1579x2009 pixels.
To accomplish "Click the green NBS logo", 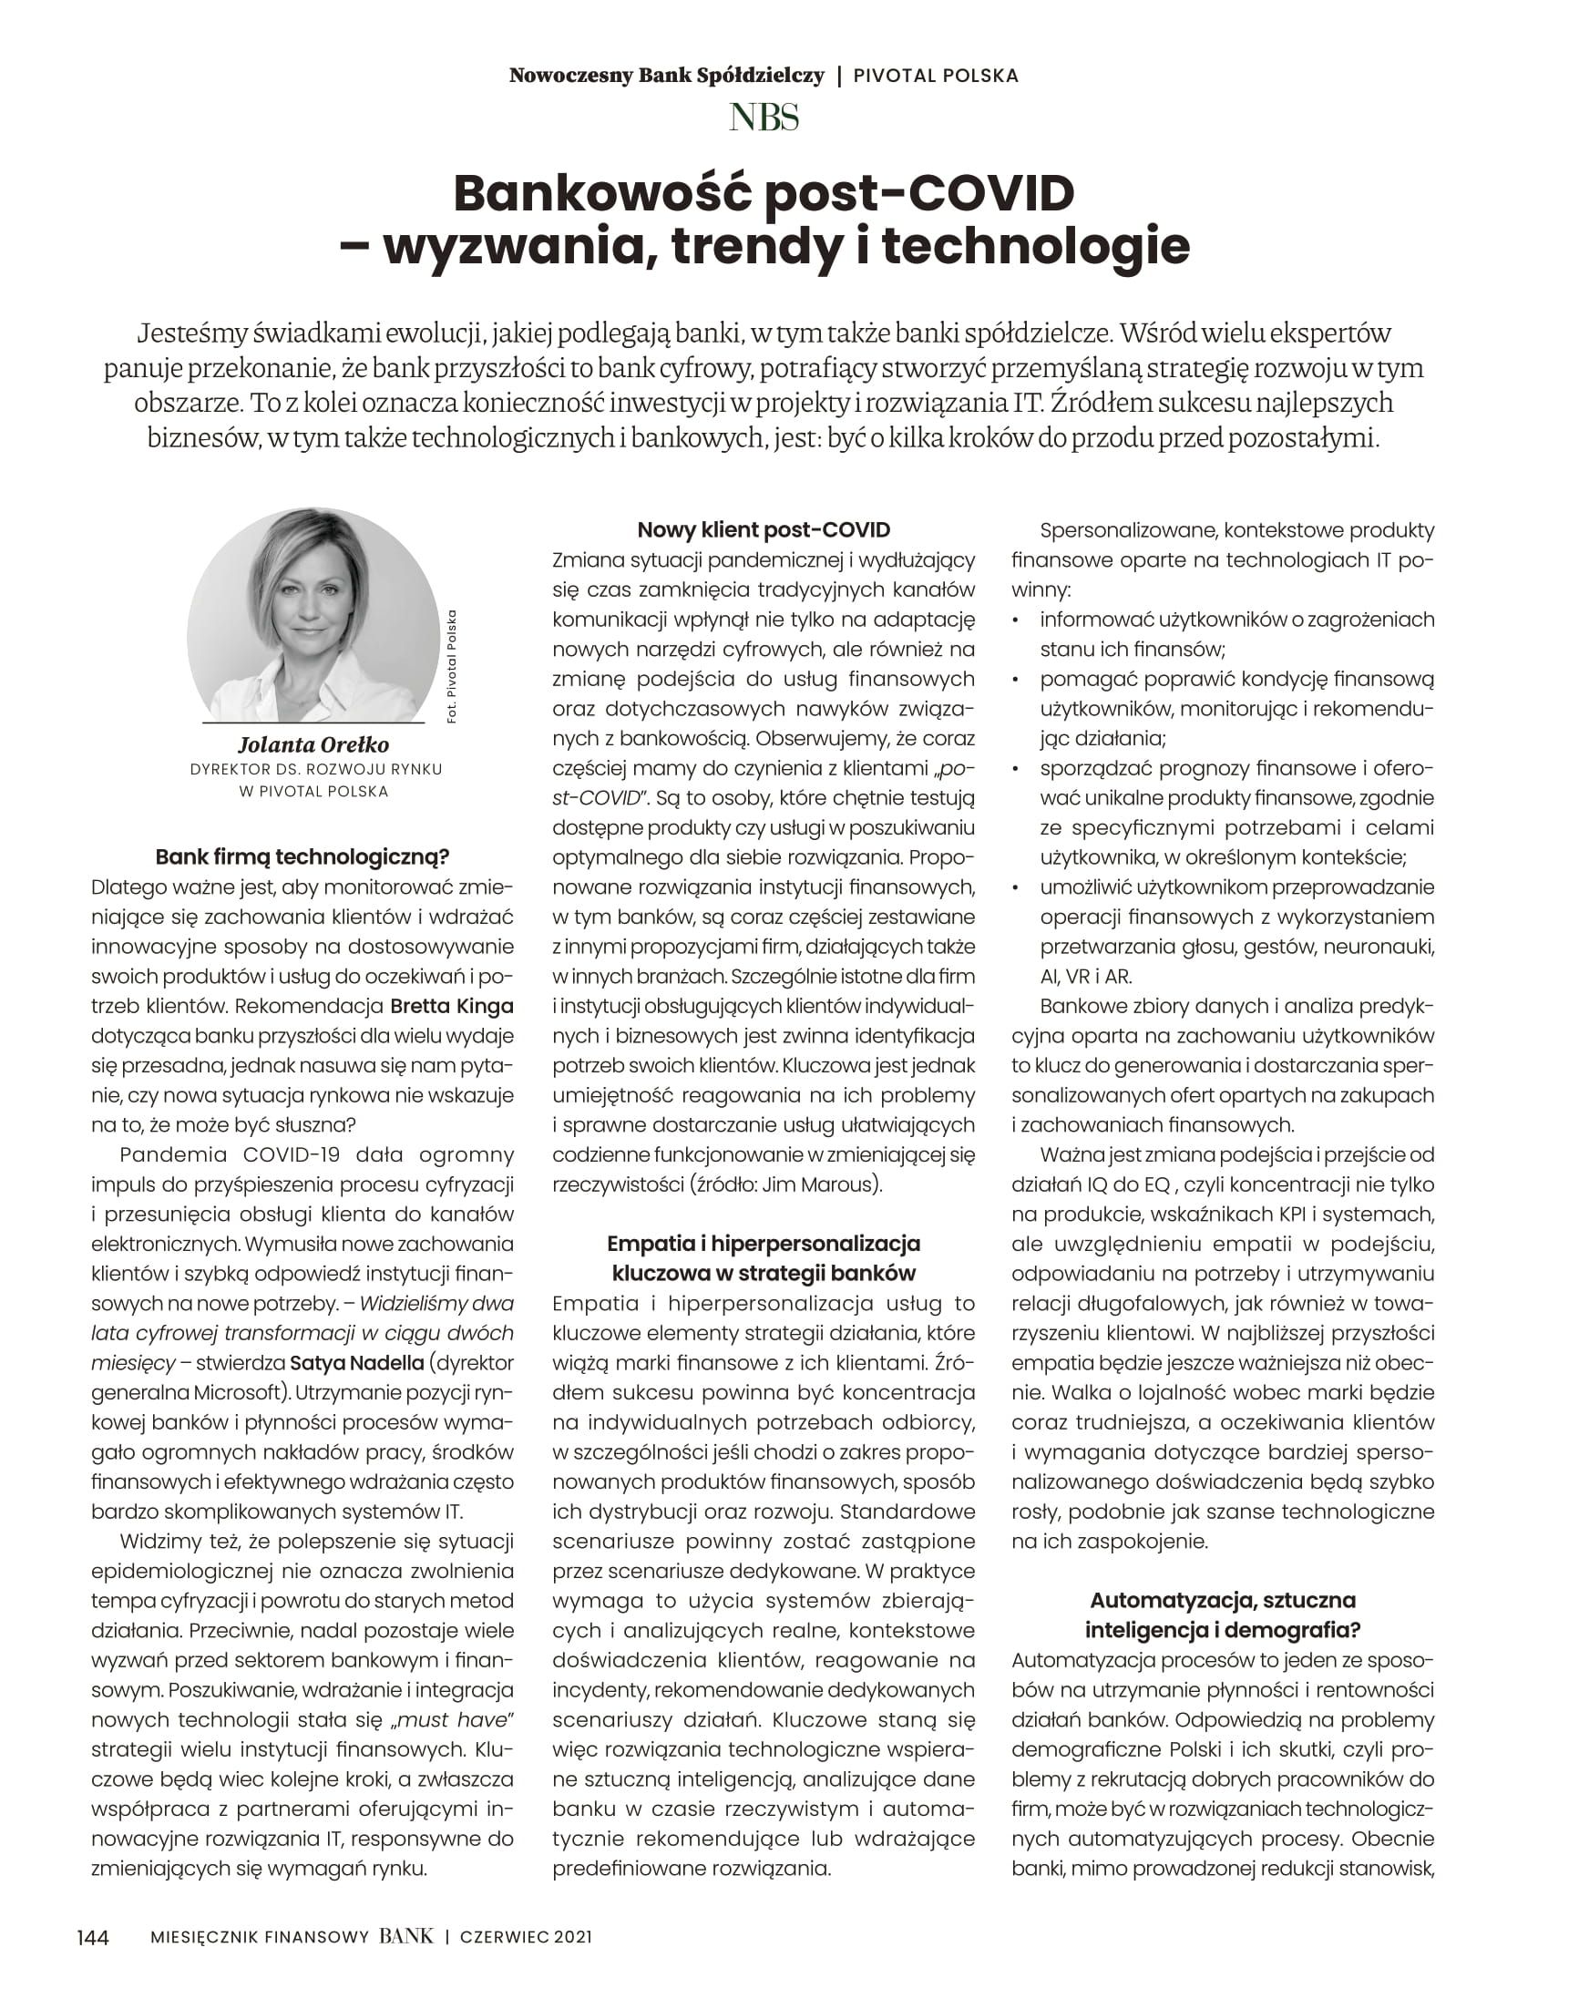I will (x=764, y=118).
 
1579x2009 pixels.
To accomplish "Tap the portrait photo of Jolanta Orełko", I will (x=313, y=615).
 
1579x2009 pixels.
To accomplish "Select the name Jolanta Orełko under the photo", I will (x=313, y=744).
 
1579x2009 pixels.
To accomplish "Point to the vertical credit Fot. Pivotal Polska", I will (x=451, y=666).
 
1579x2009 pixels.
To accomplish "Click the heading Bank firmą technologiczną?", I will (x=302, y=856).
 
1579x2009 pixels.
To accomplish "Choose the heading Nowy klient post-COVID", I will (x=764, y=529).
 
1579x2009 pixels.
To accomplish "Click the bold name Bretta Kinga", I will (x=451, y=1006).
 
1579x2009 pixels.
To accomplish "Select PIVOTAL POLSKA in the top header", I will (x=936, y=76).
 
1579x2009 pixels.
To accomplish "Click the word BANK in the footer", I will (x=405, y=1936).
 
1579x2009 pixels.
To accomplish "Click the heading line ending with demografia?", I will (x=1222, y=1629).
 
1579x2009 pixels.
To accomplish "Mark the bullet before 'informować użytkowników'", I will (x=1017, y=620).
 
